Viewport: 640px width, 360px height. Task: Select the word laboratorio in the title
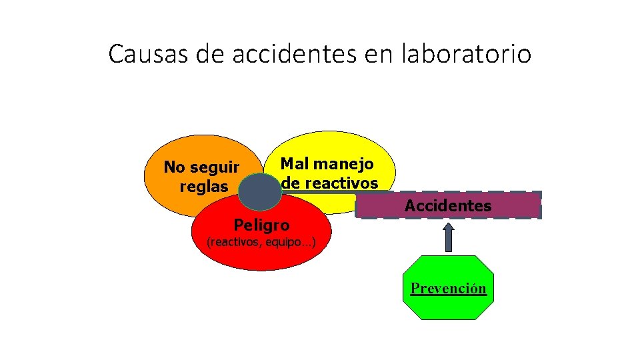(467, 53)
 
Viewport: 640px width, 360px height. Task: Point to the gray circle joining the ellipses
(261, 192)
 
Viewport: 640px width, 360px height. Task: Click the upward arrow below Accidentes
(449, 237)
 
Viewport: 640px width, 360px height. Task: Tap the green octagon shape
(449, 307)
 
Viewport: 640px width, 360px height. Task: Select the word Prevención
(449, 289)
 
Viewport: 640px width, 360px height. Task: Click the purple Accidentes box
(448, 206)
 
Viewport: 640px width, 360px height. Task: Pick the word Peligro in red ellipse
(261, 225)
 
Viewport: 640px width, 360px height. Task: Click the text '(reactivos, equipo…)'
(261, 242)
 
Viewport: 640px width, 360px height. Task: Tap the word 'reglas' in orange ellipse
(203, 187)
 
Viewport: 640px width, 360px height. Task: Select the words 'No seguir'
(201, 167)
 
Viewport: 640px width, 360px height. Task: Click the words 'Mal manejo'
(327, 163)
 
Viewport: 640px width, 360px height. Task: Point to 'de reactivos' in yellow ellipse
(329, 183)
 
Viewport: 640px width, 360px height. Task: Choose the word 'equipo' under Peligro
(285, 242)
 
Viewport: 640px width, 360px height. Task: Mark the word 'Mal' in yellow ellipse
(295, 163)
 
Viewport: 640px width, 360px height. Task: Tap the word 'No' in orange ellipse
(174, 167)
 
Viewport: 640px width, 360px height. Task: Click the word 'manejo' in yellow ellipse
(343, 163)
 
